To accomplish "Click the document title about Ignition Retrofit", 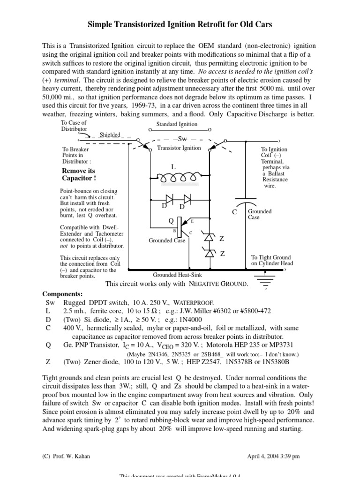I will click(180, 23).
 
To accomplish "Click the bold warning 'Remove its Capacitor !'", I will click(79, 175).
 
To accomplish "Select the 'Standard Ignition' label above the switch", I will click(176, 124).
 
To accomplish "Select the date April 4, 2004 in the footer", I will click(280, 456).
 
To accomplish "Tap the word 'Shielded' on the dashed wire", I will click(110, 135).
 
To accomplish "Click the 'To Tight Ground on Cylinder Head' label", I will click(270, 260).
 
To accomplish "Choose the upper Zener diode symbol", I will click(210, 238).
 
